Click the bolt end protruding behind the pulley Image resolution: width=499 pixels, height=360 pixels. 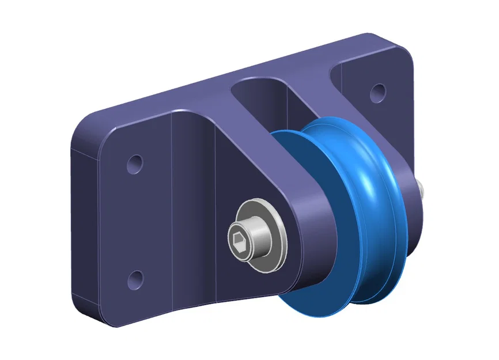[421, 188]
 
